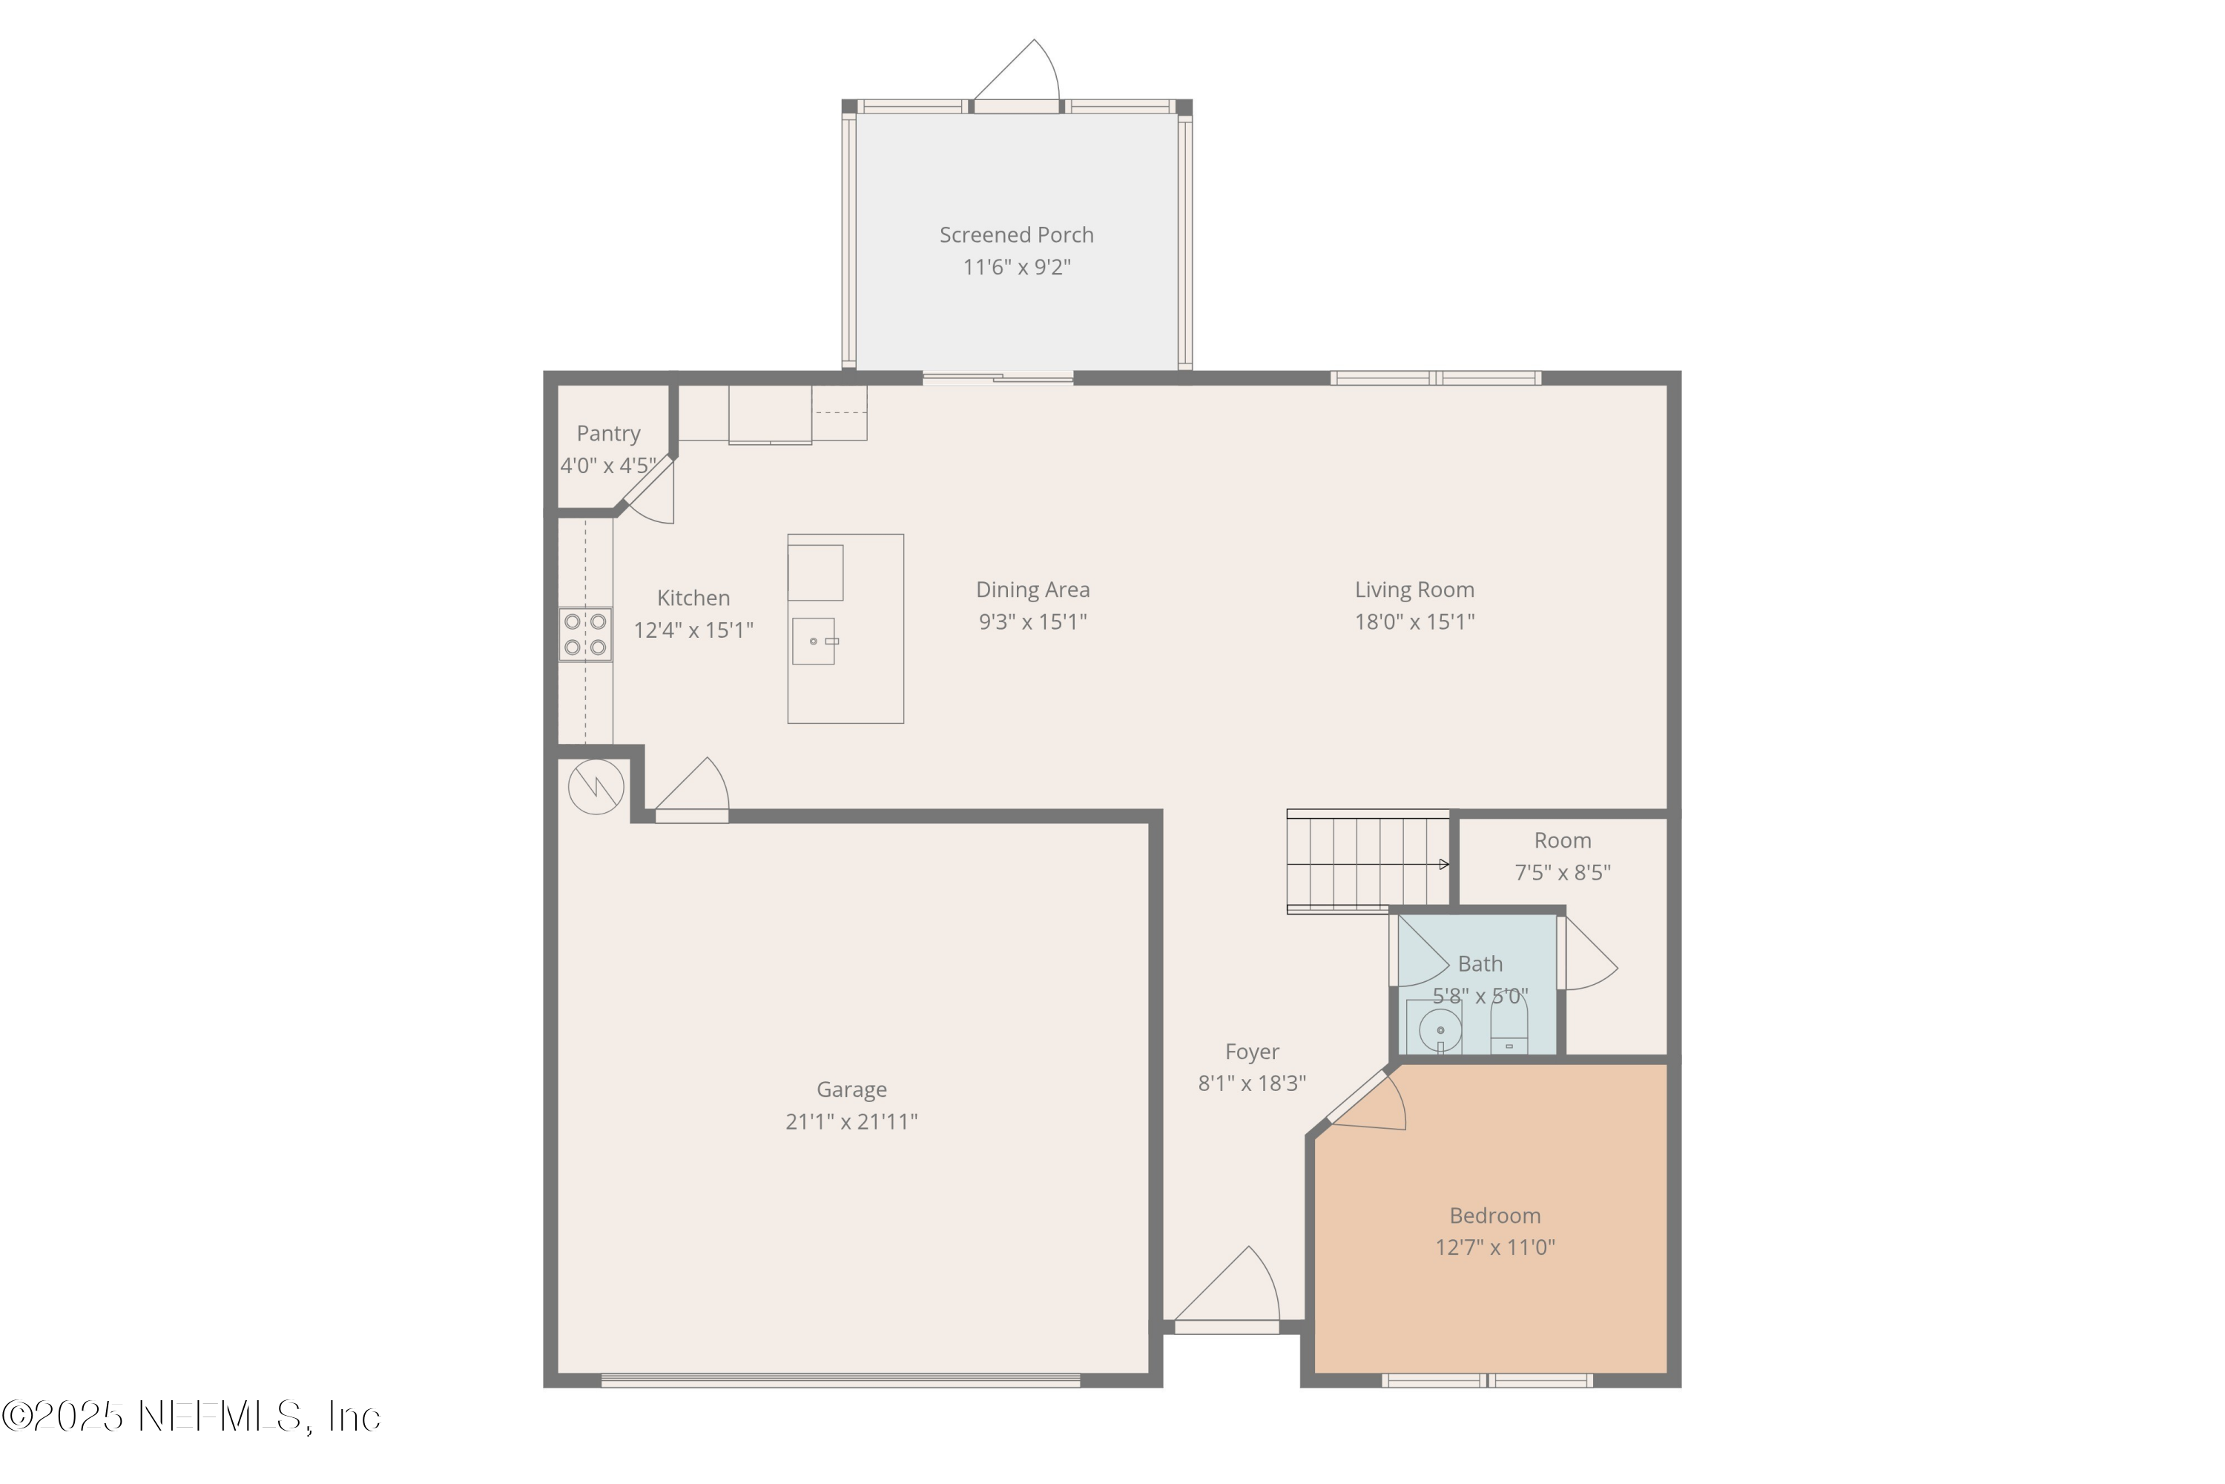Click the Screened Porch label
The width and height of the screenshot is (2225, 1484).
1015,234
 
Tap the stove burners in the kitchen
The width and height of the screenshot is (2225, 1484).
585,634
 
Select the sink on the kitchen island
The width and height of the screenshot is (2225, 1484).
813,642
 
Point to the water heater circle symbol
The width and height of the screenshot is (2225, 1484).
596,786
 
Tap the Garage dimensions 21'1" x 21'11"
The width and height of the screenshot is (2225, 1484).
851,1121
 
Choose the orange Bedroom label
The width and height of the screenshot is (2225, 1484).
1494,1216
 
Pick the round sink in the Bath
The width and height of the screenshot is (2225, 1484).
1440,1029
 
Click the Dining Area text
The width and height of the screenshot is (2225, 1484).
1032,590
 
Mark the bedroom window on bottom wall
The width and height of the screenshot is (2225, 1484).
1487,1381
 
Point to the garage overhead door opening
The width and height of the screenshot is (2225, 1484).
840,1381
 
